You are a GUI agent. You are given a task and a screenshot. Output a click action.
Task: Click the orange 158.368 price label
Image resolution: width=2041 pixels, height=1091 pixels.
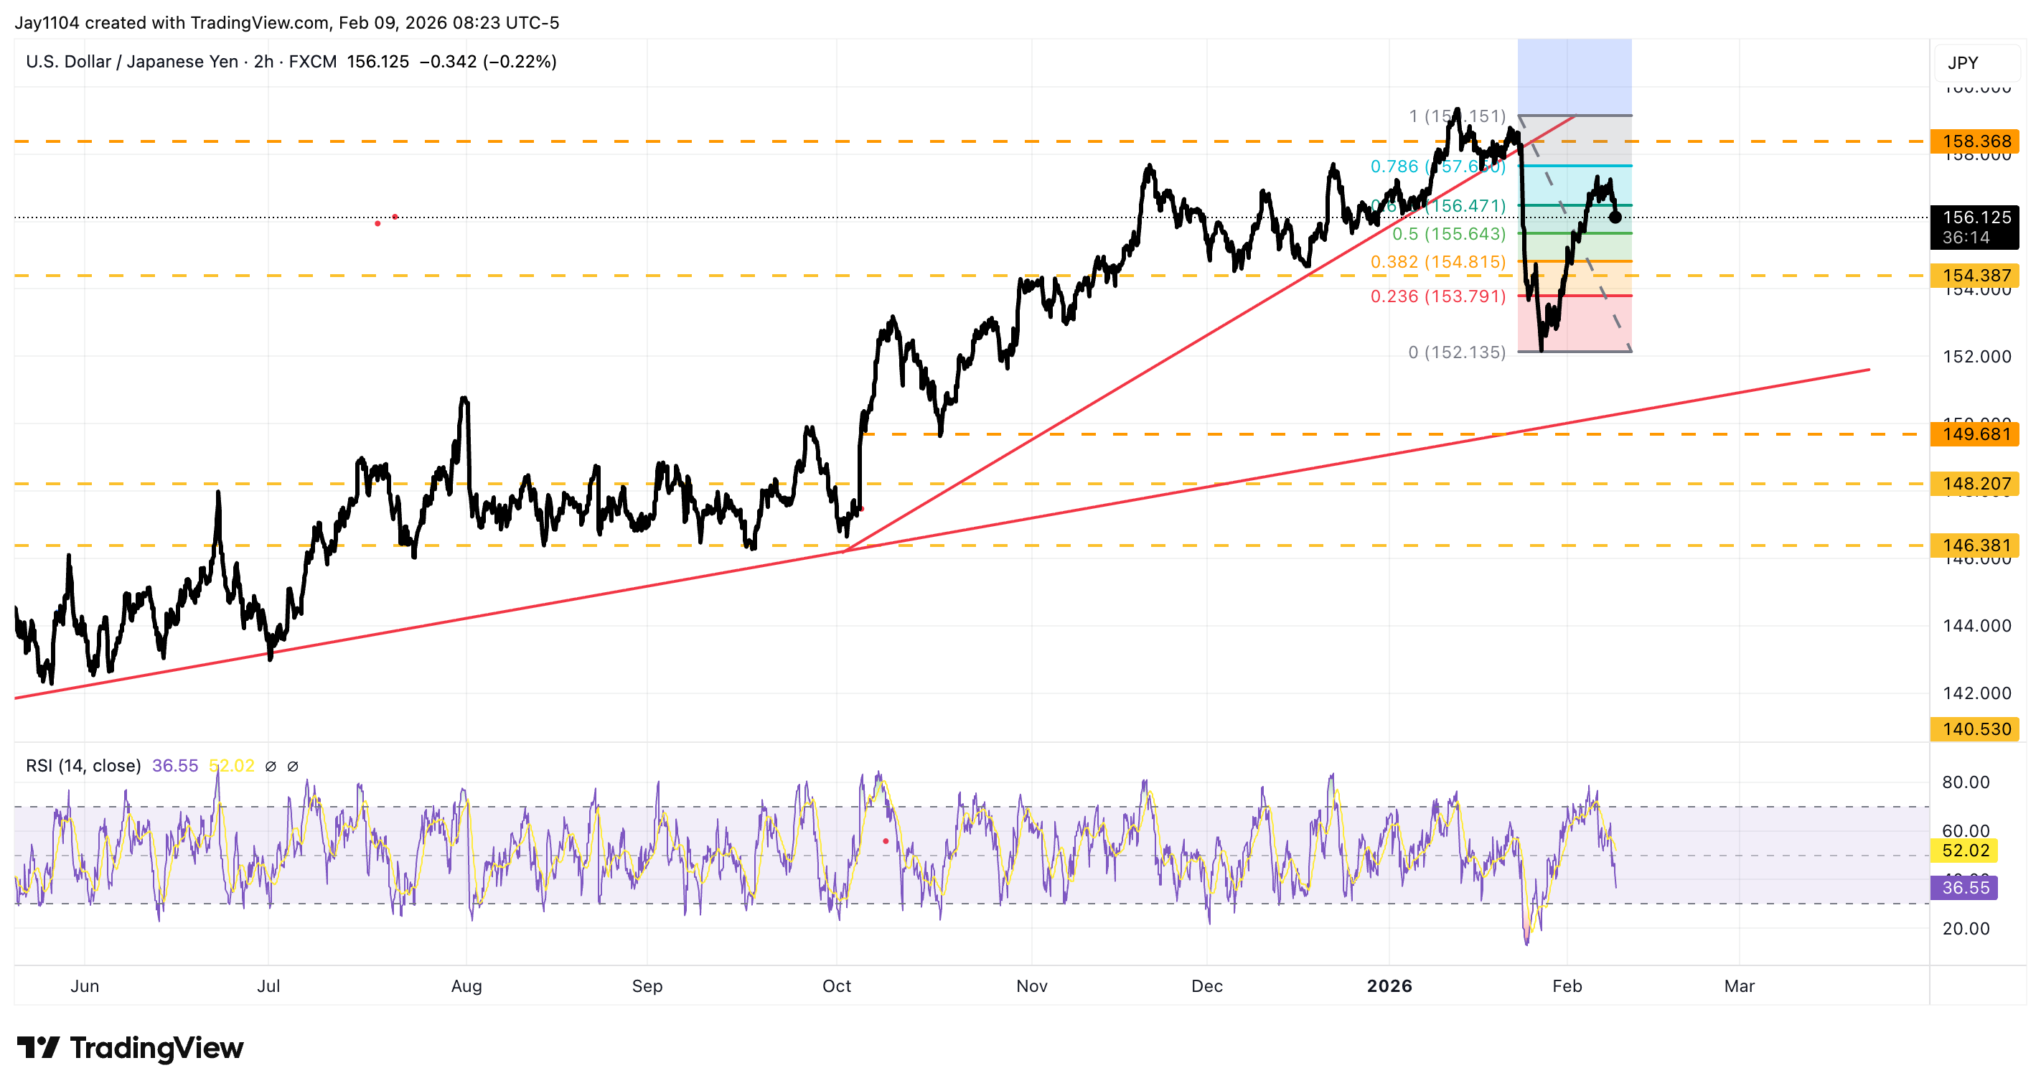(1975, 141)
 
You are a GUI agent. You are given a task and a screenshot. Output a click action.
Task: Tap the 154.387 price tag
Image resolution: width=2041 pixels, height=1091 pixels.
(1975, 276)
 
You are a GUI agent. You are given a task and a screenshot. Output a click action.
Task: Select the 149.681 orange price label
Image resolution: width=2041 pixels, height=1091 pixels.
(1975, 434)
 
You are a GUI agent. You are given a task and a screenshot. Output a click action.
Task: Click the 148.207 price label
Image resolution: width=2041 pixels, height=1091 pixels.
(1975, 483)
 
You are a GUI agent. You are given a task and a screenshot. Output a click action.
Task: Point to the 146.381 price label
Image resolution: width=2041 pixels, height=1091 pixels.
(1975, 545)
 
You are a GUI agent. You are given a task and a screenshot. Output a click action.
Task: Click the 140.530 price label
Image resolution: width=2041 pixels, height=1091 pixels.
(1975, 729)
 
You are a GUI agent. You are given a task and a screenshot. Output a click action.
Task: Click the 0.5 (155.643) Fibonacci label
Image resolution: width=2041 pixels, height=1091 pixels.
(1448, 234)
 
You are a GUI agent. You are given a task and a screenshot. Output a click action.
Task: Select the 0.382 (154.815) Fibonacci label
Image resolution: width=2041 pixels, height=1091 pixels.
(1437, 261)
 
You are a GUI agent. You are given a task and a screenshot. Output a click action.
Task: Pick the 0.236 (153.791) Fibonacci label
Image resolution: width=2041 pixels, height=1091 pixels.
(1437, 296)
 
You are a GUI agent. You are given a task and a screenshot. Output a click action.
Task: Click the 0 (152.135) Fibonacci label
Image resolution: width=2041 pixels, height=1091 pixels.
(1456, 352)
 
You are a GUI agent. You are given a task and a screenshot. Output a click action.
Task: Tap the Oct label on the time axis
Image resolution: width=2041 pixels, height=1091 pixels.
(837, 985)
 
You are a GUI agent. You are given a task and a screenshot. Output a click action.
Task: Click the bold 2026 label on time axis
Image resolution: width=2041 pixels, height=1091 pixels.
(1389, 985)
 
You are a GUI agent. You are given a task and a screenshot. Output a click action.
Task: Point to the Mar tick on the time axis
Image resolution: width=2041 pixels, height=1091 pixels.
(1739, 985)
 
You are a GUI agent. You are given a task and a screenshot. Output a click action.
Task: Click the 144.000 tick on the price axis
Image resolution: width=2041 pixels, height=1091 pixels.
(1976, 626)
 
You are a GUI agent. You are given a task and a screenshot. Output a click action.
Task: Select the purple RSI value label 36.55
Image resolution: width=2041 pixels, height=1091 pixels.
(1964, 887)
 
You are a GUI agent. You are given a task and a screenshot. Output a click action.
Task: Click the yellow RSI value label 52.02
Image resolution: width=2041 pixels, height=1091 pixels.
(1966, 850)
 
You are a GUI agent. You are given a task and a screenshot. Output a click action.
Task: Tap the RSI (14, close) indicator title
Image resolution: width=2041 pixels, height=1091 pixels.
(83, 765)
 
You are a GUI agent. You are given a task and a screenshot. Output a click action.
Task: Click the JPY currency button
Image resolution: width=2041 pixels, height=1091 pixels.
(1963, 62)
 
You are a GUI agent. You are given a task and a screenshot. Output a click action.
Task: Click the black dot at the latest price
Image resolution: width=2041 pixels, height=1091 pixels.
(1615, 217)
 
